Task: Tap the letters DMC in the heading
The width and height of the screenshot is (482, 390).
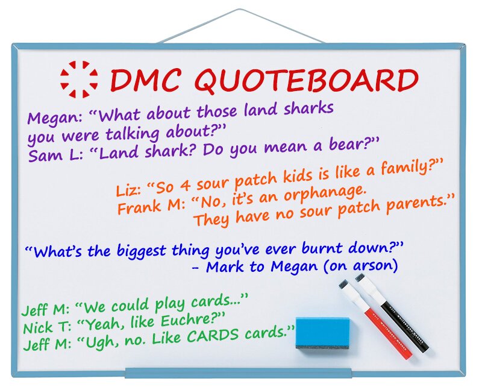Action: [145, 80]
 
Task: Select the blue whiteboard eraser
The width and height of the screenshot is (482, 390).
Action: [322, 334]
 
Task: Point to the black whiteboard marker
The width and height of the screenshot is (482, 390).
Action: [392, 313]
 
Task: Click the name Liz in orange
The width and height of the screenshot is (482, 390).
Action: [127, 190]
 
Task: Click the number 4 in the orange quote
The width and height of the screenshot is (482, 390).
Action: [185, 184]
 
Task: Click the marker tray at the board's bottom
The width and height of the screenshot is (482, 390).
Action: [238, 373]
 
